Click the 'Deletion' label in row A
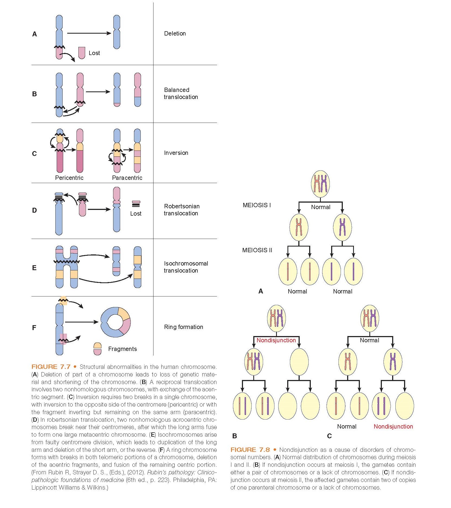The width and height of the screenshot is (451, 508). coord(175,34)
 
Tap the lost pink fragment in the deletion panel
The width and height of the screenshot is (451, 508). coord(82,53)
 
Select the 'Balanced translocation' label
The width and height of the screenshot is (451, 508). coord(181,93)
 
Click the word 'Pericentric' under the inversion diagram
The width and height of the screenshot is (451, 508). coord(69,178)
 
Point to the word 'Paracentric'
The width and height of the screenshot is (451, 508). coord(127,178)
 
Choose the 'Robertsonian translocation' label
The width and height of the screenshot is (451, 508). coord(181,210)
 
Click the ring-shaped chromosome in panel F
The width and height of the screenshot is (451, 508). coord(116,322)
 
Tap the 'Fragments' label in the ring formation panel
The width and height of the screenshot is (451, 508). coord(122,349)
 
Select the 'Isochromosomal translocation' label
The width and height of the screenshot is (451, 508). coord(186,267)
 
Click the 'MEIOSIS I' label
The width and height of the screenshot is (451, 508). coord(257,205)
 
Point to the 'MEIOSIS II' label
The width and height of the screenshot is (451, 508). coord(257,250)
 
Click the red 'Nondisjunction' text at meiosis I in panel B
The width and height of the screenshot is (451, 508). coord(276,340)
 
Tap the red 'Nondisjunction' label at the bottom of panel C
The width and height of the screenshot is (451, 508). coord(393,426)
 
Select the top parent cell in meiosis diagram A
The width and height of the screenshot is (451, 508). coord(320,184)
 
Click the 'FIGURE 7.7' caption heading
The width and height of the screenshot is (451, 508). coord(51,367)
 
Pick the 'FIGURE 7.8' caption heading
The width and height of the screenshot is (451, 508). coord(250,450)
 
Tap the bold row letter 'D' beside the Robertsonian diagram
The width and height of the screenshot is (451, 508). coord(34,210)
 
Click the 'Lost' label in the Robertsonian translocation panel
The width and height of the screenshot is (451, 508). coord(136,214)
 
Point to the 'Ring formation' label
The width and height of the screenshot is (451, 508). coord(183,327)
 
